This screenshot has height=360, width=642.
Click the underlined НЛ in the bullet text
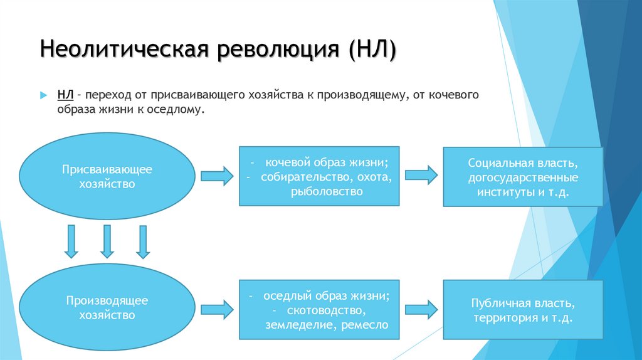(66, 95)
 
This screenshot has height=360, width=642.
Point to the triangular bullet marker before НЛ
(44, 95)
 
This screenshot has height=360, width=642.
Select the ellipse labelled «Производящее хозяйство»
(107, 307)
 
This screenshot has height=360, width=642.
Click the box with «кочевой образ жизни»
(319, 176)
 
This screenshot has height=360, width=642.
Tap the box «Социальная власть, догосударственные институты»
(523, 177)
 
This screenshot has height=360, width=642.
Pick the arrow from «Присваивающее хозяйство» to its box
(217, 176)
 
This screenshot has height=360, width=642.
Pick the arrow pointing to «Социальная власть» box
(421, 176)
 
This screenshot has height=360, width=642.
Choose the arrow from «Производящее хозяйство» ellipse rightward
(217, 309)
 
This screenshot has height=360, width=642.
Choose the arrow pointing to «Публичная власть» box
(421, 309)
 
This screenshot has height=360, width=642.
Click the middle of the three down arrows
(107, 241)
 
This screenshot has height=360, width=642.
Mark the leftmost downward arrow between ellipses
(71, 241)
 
